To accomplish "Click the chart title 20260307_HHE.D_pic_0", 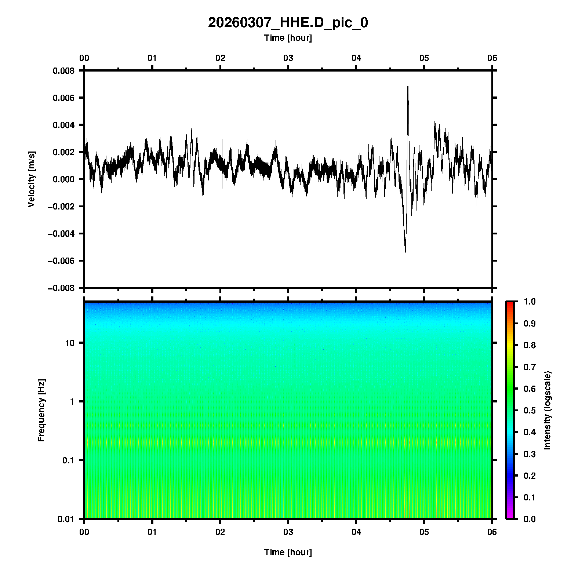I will tap(288, 23).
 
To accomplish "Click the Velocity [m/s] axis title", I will tap(32, 179).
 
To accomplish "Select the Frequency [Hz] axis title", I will tap(41, 410).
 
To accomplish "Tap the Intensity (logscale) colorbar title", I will tap(548, 410).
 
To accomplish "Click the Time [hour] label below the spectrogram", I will tap(288, 552).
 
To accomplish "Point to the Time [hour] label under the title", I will tap(288, 38).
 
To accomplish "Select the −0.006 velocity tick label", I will tap(61, 261).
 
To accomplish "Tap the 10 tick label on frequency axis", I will tap(69, 343).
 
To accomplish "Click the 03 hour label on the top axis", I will tap(288, 58).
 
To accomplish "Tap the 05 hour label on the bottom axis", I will tap(424, 532).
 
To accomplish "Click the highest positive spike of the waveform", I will tap(408, 80).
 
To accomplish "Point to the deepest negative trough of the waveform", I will tap(405, 252).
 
